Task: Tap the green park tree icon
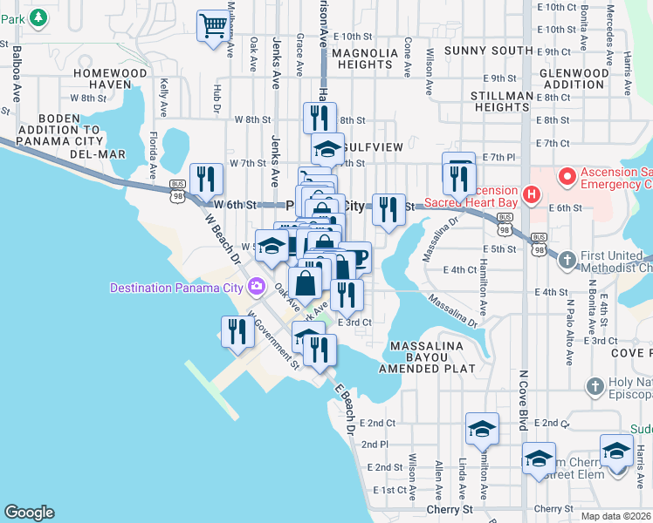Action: click(x=38, y=17)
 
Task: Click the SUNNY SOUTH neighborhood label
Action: click(x=488, y=51)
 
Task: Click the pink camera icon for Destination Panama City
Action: click(x=256, y=286)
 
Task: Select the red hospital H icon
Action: click(x=530, y=193)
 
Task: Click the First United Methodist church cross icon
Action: click(x=567, y=260)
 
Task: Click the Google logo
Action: click(x=30, y=513)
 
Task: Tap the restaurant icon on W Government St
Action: click(x=237, y=331)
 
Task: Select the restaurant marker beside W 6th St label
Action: click(x=206, y=179)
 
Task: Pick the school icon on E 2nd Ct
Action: click(x=482, y=429)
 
